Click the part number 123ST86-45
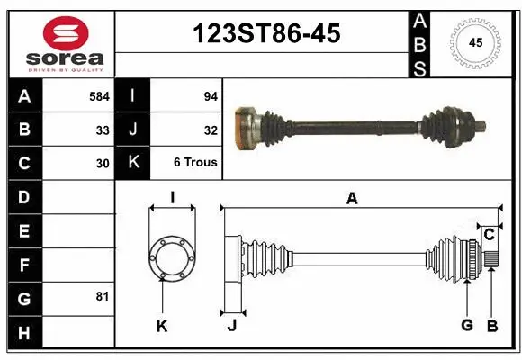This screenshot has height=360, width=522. click(x=267, y=34)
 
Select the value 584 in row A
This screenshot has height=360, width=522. click(x=99, y=94)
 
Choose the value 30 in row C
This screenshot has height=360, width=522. click(x=103, y=163)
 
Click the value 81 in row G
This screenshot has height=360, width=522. click(x=103, y=296)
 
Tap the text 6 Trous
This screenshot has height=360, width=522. click(x=194, y=163)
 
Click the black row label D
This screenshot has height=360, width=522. click(x=24, y=196)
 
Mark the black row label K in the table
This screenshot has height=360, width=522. click(x=133, y=163)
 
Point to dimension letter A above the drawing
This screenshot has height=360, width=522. click(x=352, y=198)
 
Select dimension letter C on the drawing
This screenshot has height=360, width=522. click(x=489, y=235)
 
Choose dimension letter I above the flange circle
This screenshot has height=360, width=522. click(x=172, y=198)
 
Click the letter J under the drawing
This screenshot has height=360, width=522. click(x=231, y=326)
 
